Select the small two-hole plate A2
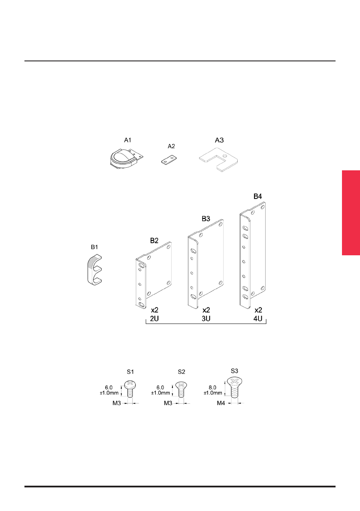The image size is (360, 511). click(169, 160)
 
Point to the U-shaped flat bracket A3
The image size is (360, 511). click(218, 159)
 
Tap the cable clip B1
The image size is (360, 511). click(94, 270)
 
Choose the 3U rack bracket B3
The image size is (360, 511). click(205, 264)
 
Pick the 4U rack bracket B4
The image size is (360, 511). click(252, 255)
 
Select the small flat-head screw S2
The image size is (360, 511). click(182, 389)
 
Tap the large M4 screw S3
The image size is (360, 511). click(235, 387)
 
